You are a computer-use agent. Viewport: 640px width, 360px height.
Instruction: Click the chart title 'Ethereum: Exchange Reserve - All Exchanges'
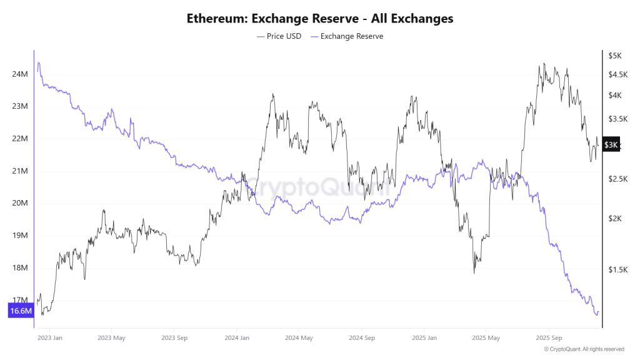click(320, 19)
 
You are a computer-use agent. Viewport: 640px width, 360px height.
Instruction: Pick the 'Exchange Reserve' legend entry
click(347, 36)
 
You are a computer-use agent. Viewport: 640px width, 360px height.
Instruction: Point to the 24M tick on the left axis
click(20, 74)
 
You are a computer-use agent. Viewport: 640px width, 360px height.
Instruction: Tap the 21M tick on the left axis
click(20, 171)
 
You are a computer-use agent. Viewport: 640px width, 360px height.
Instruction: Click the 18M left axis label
click(20, 268)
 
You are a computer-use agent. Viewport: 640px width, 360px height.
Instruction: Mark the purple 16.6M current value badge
click(21, 311)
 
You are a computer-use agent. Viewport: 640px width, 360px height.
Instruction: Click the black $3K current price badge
click(611, 145)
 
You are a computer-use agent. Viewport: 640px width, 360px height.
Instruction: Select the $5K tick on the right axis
click(615, 56)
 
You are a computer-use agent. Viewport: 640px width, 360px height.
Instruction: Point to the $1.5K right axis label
click(618, 269)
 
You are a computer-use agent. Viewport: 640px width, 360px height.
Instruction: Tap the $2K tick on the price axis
click(615, 218)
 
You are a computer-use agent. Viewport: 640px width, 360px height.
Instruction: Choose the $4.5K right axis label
click(618, 74)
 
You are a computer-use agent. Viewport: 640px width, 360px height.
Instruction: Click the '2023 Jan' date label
click(49, 338)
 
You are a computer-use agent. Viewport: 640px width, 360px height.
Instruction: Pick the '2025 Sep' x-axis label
click(547, 338)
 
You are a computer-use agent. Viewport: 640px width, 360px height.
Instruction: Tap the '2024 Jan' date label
click(237, 338)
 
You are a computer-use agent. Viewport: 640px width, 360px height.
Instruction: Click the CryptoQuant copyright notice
click(584, 349)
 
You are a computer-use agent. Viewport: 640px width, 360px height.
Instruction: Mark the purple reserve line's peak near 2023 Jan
click(39, 62)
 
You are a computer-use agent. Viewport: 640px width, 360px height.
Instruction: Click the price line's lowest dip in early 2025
click(474, 273)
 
